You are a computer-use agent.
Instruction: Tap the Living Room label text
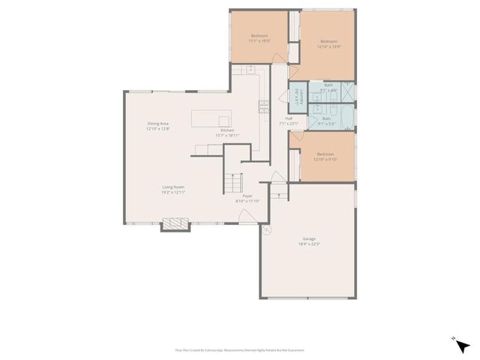(x=173, y=189)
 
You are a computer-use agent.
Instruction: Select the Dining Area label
(x=157, y=127)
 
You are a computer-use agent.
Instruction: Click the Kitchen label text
(x=228, y=133)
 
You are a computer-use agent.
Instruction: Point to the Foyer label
(x=247, y=198)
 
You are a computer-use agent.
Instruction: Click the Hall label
(x=289, y=120)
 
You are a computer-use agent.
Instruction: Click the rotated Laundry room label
(x=297, y=96)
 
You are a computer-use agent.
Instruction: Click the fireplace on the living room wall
(x=175, y=223)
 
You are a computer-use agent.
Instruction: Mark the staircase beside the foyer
(x=235, y=182)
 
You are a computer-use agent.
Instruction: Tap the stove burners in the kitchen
(x=263, y=106)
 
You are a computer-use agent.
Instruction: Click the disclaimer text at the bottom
(x=240, y=349)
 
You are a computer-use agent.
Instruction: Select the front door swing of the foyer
(x=277, y=178)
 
